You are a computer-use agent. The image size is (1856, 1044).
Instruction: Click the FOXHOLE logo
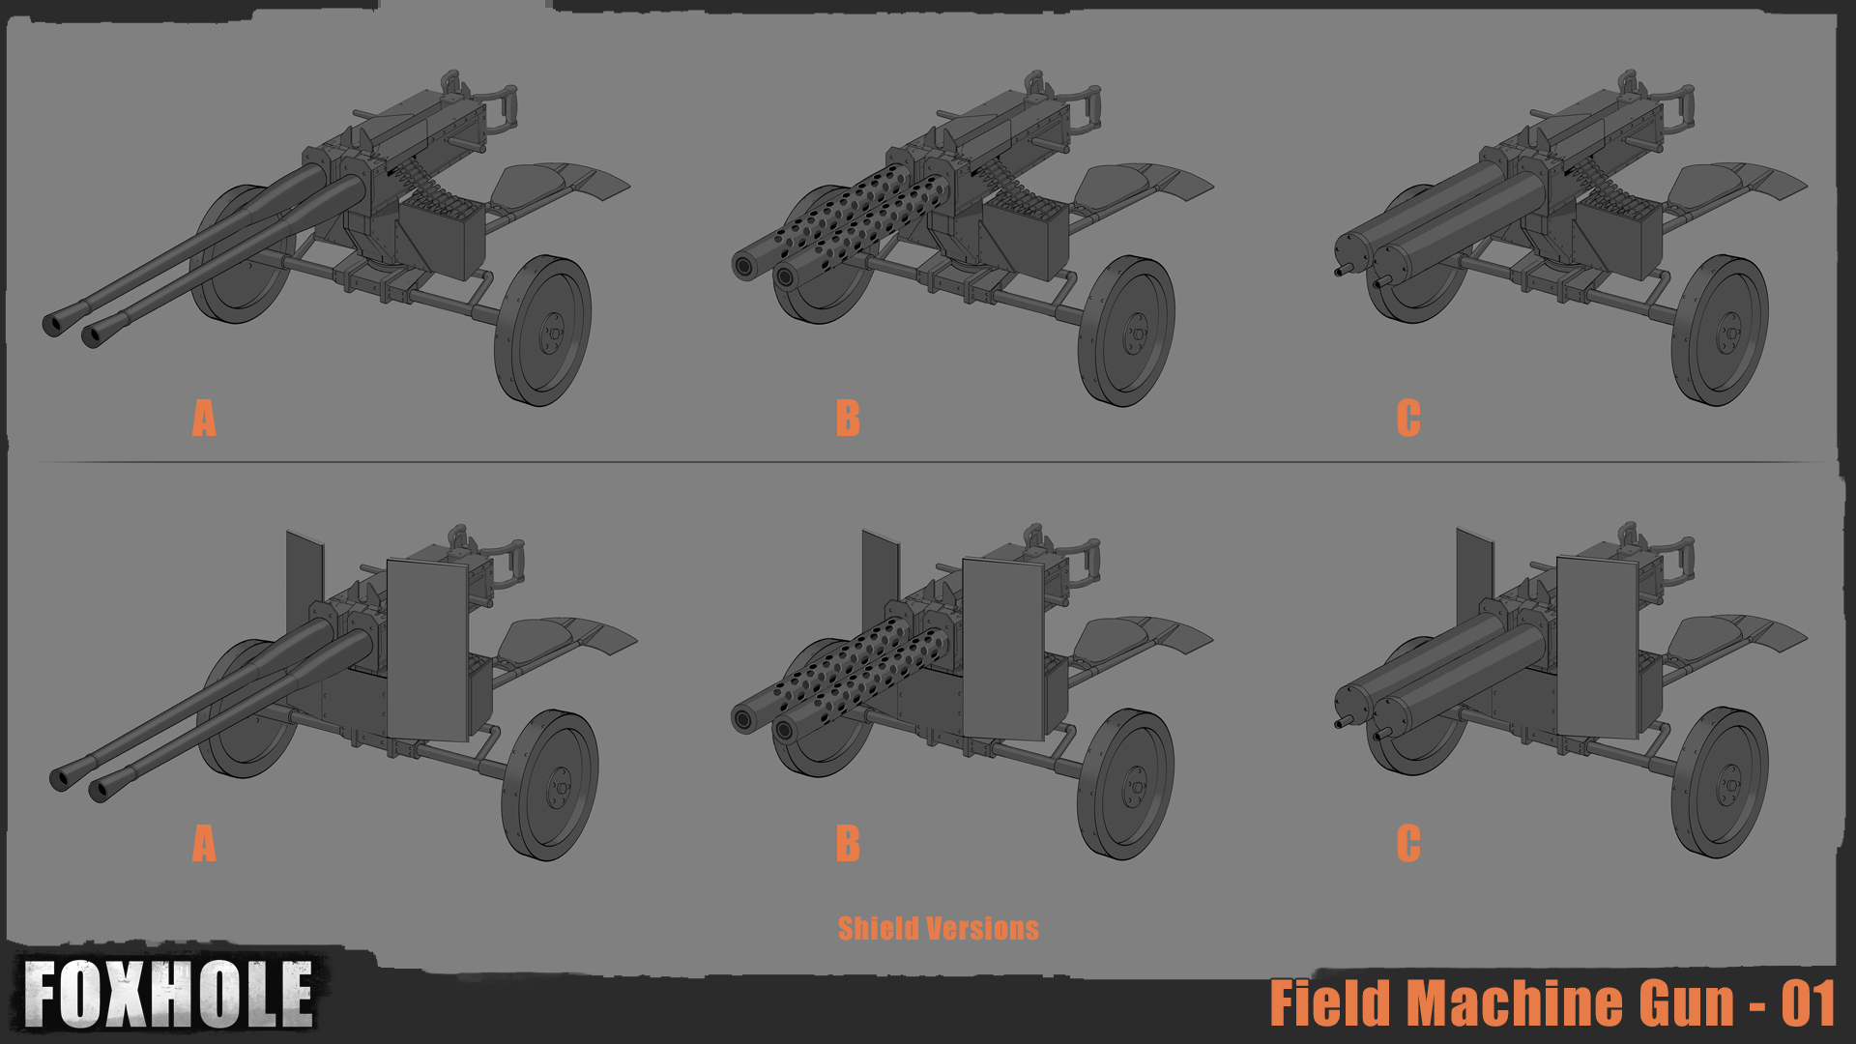tap(168, 994)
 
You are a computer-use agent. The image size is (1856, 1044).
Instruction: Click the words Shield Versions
tap(938, 929)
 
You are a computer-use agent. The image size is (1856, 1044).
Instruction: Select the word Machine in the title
tap(1570, 1003)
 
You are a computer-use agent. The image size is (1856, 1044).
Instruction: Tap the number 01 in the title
tap(1809, 1004)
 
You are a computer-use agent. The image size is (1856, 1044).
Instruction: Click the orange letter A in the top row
tap(204, 419)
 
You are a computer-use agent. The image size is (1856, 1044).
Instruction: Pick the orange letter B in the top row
tap(848, 419)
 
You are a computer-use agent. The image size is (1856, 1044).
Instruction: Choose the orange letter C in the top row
tap(1408, 419)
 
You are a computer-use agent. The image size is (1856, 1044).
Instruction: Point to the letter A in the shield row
tap(204, 844)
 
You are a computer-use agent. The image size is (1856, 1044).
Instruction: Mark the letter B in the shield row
tap(848, 844)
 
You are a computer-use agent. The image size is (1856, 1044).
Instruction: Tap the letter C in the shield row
tap(1408, 844)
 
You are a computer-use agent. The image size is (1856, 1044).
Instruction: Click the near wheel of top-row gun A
tap(542, 331)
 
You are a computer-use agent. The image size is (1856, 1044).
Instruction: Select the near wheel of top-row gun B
tap(1126, 331)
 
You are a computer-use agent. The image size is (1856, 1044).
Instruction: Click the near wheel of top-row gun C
tap(1720, 331)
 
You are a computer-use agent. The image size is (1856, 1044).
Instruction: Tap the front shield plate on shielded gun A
tap(428, 650)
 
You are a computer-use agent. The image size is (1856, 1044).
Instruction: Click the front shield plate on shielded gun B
tap(1004, 650)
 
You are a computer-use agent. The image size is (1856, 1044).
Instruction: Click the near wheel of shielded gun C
tap(1720, 783)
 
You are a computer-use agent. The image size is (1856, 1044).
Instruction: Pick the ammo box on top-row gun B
tap(1029, 232)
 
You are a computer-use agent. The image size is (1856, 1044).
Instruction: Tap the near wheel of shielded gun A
tap(549, 785)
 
